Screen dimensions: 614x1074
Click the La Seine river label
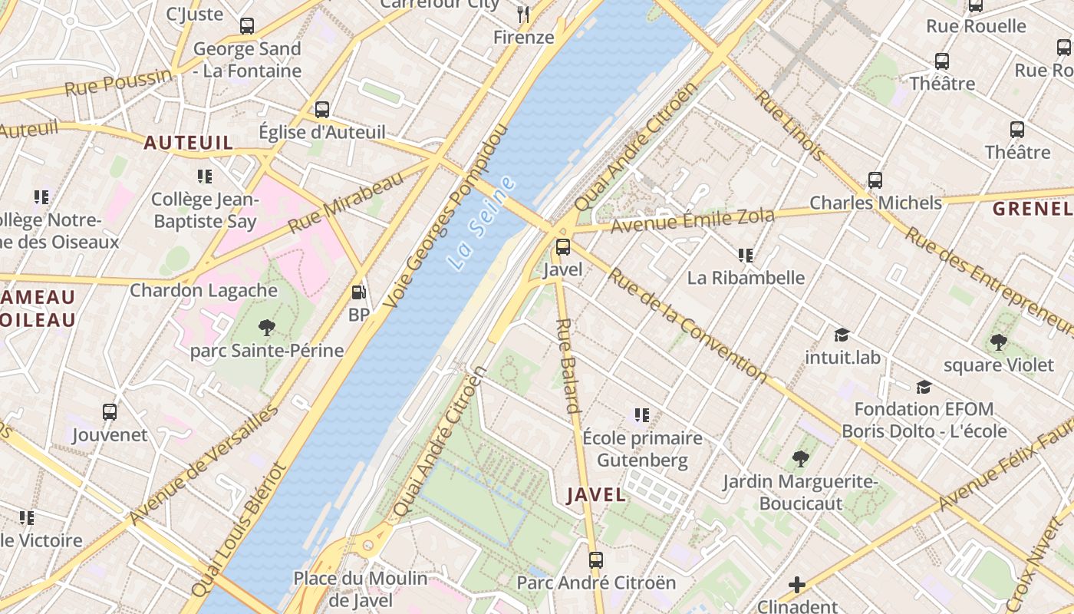point(482,223)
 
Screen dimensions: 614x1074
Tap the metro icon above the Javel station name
point(563,247)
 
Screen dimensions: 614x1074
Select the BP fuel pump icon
point(358,292)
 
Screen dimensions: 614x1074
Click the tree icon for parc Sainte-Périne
point(266,328)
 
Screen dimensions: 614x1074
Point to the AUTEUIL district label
point(188,143)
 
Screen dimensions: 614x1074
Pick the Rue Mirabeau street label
point(346,203)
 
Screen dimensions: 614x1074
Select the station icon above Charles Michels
point(875,180)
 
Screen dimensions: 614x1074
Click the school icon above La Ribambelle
point(745,255)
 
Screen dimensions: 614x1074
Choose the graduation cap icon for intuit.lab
point(842,335)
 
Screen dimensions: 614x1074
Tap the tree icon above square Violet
point(998,342)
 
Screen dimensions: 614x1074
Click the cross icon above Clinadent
point(797,585)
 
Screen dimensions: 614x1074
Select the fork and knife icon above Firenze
point(523,14)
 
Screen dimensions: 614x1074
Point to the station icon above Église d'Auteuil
point(322,109)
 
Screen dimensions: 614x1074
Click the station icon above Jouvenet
point(110,412)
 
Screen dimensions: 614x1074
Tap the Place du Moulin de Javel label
point(361,589)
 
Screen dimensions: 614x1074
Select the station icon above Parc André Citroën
point(596,560)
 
